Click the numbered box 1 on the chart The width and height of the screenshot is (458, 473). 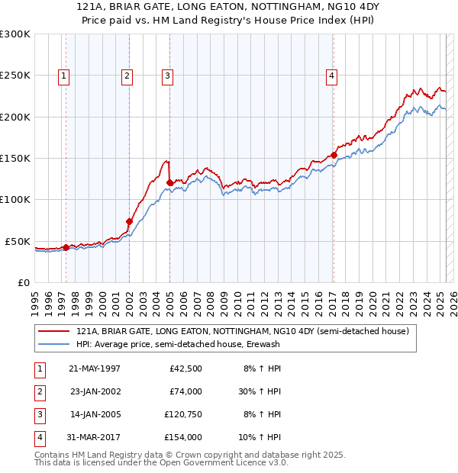(63, 76)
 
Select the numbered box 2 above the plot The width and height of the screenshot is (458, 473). (127, 76)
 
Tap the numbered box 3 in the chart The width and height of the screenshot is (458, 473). (166, 76)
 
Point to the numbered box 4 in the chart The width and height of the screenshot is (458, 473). (332, 76)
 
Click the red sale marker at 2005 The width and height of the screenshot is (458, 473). (169, 182)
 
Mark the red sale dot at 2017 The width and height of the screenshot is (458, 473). (334, 156)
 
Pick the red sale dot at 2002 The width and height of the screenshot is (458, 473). (129, 221)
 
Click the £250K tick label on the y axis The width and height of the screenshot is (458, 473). (15, 76)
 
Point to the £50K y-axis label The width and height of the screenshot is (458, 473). (18, 241)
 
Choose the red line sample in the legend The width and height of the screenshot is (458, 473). (55, 332)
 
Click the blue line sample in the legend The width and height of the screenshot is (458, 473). (55, 344)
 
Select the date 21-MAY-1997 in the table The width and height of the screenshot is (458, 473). (95, 368)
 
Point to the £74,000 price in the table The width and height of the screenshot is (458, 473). (185, 391)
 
